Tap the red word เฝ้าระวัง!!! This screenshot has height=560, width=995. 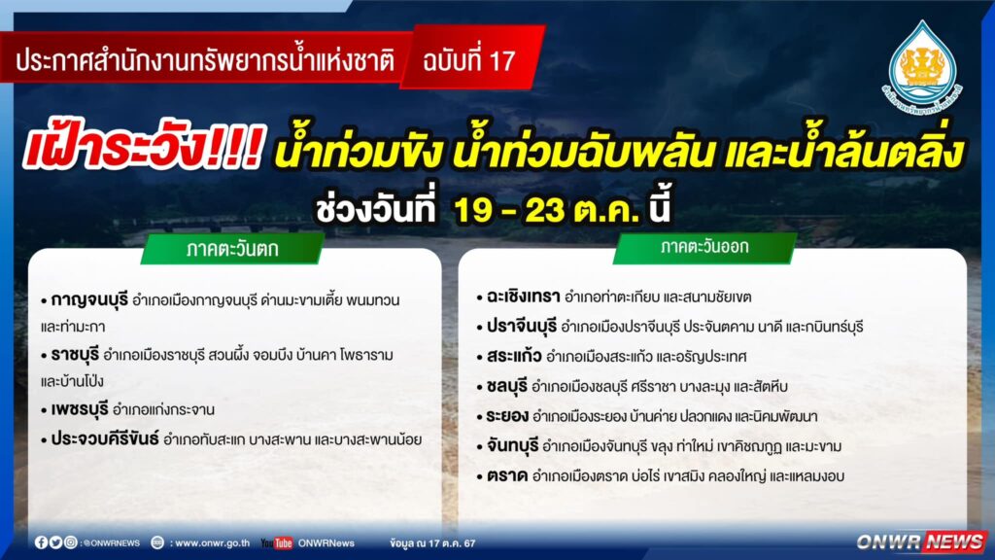[x=144, y=149]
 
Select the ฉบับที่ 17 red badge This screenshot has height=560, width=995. [x=472, y=59]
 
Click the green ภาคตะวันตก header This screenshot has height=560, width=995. [x=232, y=248]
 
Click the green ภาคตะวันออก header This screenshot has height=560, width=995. [x=704, y=247]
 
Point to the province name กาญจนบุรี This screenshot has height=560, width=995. [x=89, y=299]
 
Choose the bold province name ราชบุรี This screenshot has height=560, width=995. [x=75, y=354]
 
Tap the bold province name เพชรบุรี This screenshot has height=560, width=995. [x=80, y=409]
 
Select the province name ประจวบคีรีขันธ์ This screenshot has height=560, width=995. [x=105, y=438]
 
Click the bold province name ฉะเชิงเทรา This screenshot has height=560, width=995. [x=524, y=297]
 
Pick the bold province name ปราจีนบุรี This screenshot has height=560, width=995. [x=522, y=327]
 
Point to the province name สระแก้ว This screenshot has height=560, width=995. [x=514, y=356]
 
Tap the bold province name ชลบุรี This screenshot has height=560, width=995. [x=507, y=386]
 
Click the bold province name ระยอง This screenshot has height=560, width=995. [x=507, y=416]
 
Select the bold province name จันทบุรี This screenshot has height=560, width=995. [x=513, y=445]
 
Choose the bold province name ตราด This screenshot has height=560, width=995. [x=507, y=475]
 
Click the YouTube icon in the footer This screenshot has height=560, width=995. [x=277, y=542]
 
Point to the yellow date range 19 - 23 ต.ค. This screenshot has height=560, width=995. [x=546, y=209]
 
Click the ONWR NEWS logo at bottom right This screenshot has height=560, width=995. [x=921, y=542]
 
